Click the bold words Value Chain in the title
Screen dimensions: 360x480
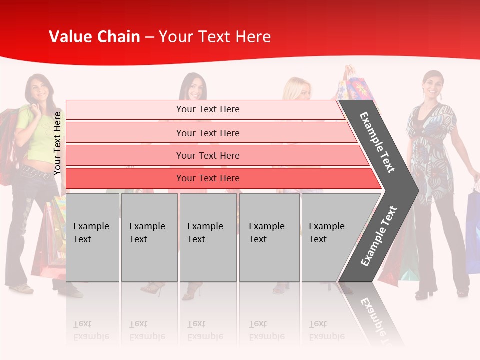pyautogui.click(x=94, y=37)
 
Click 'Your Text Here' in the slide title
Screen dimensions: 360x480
pyautogui.click(x=215, y=37)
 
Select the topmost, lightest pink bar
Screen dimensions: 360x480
pyautogui.click(x=207, y=109)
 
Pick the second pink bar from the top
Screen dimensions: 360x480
pyautogui.click(x=207, y=133)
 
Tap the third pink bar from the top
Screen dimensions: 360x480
pyautogui.click(x=207, y=155)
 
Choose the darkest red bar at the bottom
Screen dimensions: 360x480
pyautogui.click(x=207, y=178)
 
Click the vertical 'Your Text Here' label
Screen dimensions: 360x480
pyautogui.click(x=57, y=143)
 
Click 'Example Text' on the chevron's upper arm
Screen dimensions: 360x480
pyautogui.click(x=377, y=142)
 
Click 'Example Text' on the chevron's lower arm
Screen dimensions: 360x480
pyautogui.click(x=378, y=236)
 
